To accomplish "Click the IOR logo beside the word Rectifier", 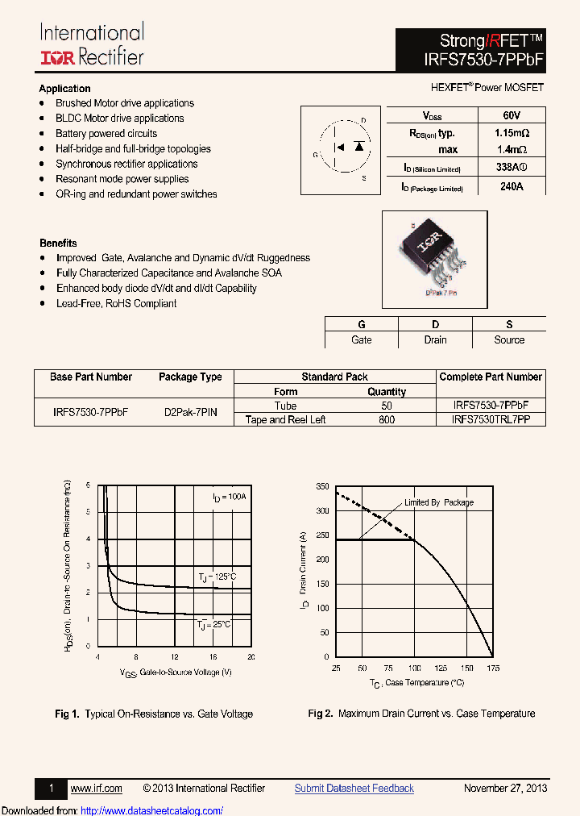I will [x=56, y=56].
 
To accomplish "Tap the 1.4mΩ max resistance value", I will [x=511, y=150].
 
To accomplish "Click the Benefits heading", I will [x=58, y=243].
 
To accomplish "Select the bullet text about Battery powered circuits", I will [x=106, y=134].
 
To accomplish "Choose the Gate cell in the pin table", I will [x=361, y=340].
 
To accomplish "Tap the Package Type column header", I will [x=190, y=377].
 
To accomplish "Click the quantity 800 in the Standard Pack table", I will [x=387, y=420].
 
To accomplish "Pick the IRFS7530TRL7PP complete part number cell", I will [x=491, y=420].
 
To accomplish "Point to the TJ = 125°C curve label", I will [x=217, y=577].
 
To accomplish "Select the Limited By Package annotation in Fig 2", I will [x=439, y=502].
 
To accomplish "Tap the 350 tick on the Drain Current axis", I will [x=322, y=487].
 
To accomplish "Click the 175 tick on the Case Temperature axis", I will [x=493, y=668].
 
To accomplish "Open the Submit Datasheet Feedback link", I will [x=354, y=789].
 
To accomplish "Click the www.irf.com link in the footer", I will [x=97, y=789].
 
